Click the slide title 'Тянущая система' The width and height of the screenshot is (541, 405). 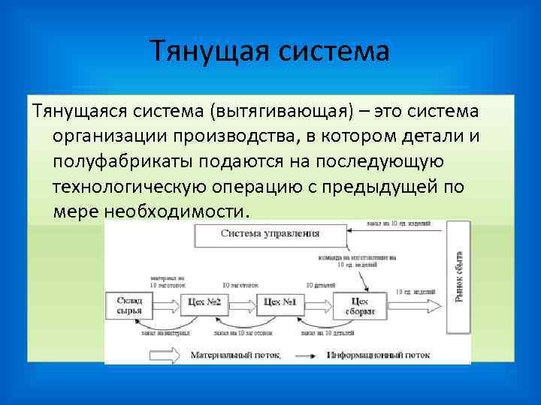tap(270, 52)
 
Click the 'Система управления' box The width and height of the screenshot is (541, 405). tap(270, 233)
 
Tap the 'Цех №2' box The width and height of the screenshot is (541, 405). tap(204, 304)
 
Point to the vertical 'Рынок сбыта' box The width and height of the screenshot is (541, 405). tap(458, 277)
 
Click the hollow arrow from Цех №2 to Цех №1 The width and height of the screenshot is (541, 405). tap(242, 304)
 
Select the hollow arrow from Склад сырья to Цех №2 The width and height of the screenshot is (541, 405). tap(165, 304)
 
